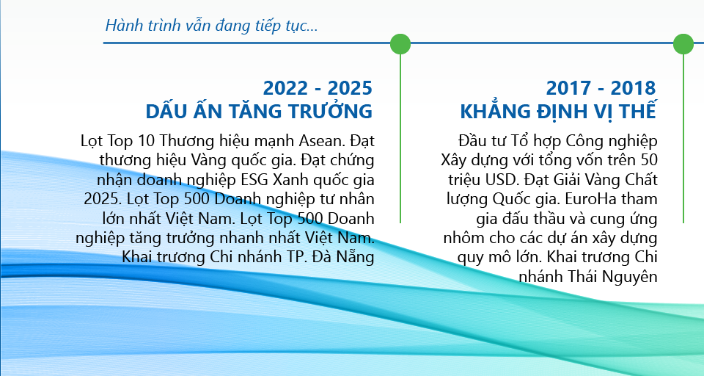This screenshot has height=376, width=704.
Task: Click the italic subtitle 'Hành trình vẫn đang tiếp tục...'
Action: [211, 26]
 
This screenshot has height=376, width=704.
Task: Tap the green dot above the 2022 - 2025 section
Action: [400, 44]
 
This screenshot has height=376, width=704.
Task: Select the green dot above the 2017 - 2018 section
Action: [683, 44]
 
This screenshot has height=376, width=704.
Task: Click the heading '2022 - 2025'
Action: [318, 87]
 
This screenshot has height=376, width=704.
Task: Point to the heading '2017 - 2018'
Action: [601, 87]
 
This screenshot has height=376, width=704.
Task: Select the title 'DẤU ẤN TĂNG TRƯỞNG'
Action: [259, 111]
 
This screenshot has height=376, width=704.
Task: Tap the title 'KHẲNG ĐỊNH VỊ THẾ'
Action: [558, 111]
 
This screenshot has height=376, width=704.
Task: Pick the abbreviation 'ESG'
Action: [254, 180]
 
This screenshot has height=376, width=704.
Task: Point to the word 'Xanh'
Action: [289, 180]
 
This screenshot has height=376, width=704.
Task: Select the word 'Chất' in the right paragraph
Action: [641, 180]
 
